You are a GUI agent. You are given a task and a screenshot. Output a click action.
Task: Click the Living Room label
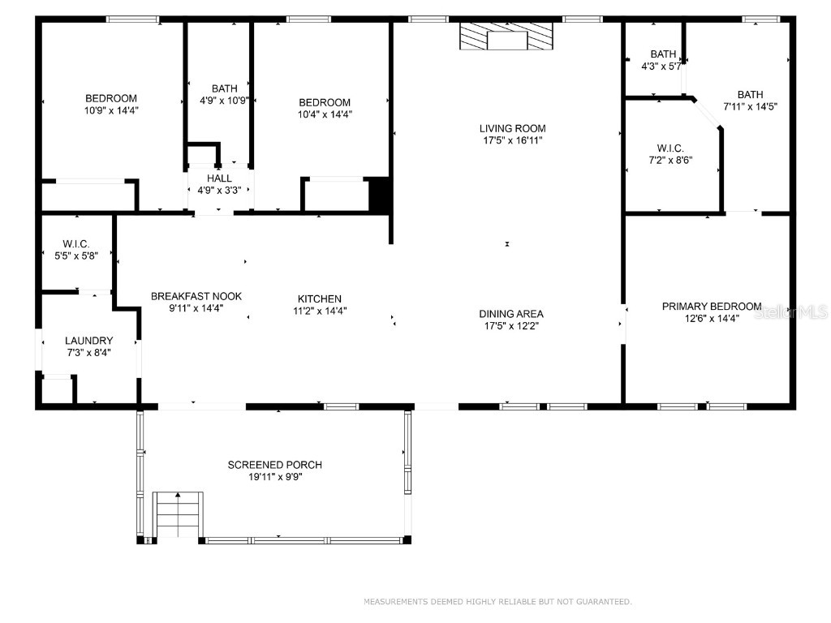[x=512, y=128]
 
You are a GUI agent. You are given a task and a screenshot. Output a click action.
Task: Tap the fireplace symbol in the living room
[x=506, y=37]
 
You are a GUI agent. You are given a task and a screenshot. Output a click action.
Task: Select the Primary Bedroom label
[x=711, y=306]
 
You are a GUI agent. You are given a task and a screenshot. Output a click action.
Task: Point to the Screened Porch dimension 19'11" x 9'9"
[x=274, y=477]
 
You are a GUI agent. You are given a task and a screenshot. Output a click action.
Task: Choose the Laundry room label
[x=89, y=341]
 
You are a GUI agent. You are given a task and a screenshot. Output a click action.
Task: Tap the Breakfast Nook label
[x=196, y=297]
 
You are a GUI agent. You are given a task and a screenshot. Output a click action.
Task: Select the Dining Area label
[x=511, y=314]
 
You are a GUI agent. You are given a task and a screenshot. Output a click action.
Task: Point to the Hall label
[x=219, y=178]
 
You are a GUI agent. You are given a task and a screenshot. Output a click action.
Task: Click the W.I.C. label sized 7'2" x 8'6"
[x=670, y=148]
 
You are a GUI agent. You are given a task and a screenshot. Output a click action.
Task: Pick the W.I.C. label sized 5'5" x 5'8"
[x=76, y=244]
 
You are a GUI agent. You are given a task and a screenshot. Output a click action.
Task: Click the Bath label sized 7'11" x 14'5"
[x=750, y=94]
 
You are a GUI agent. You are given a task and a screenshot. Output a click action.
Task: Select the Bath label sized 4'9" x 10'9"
[x=224, y=88]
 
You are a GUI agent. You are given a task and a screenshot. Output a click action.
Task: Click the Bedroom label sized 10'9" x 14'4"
[x=111, y=98]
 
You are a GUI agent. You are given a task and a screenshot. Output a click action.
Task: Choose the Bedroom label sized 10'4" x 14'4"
[x=325, y=102]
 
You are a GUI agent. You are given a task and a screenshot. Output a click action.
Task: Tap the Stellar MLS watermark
[x=790, y=311]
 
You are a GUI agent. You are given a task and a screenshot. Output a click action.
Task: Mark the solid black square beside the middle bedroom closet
[x=380, y=195]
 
